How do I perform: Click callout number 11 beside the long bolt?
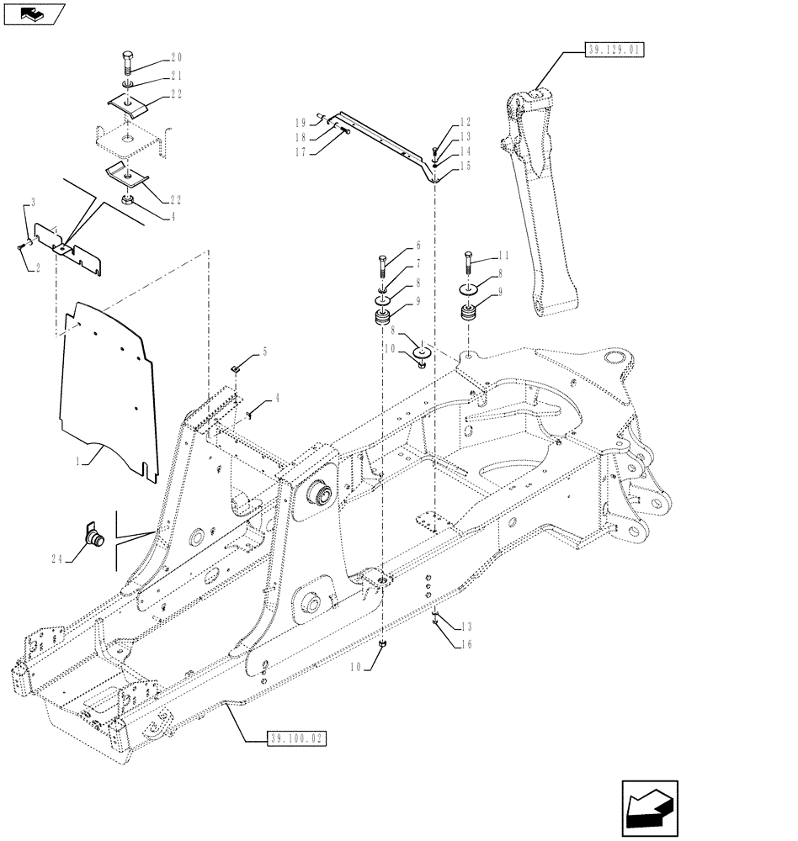click(503, 255)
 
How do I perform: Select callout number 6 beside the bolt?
click(418, 246)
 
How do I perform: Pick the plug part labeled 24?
click(93, 535)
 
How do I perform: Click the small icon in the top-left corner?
click(32, 13)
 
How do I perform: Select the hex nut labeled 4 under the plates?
click(129, 201)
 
